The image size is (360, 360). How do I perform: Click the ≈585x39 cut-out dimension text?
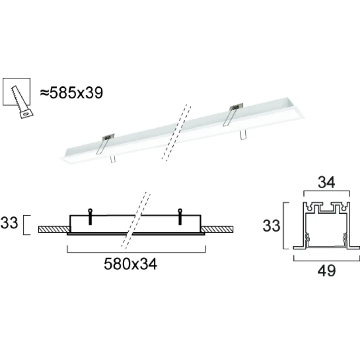pyautogui.click(x=72, y=93)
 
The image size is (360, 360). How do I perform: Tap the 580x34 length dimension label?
pyautogui.click(x=130, y=265)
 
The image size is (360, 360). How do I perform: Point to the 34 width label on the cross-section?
pyautogui.click(x=327, y=183)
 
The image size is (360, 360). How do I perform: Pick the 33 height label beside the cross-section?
pyautogui.click(x=271, y=225)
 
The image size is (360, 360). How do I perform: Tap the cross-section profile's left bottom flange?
pyautogui.click(x=299, y=247)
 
